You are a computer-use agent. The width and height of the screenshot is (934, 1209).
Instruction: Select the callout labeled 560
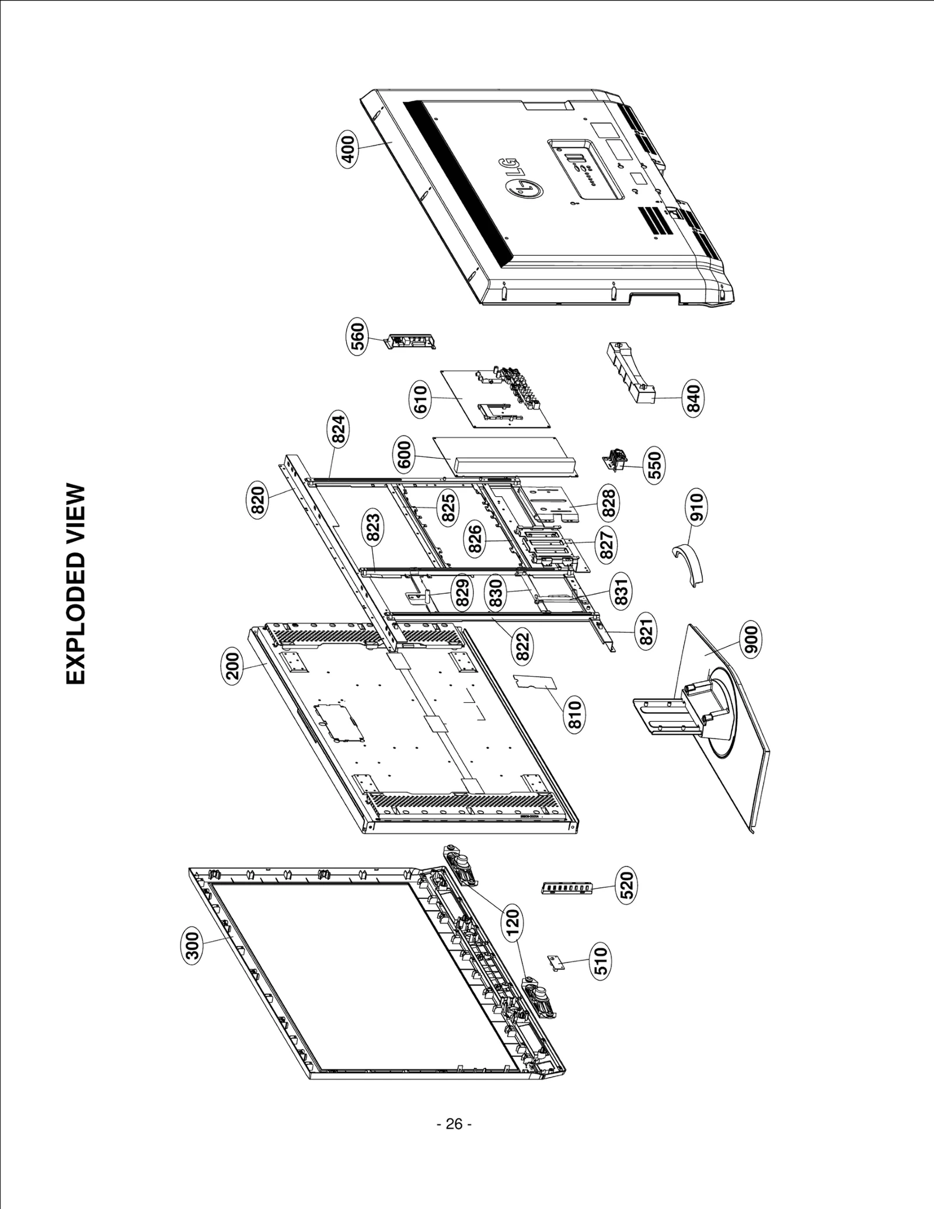pyautogui.click(x=357, y=336)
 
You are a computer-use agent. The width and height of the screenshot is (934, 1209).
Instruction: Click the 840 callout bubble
pyautogui.click(x=693, y=398)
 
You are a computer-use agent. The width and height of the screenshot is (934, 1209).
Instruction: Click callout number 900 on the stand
pyautogui.click(x=751, y=639)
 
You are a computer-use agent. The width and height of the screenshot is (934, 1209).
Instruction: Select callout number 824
pyautogui.click(x=340, y=428)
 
